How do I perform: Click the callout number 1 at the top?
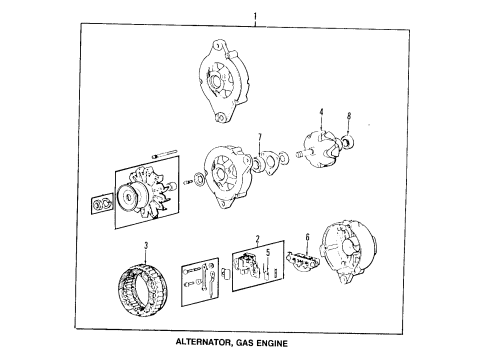coord(256,15)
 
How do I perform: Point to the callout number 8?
coord(348,116)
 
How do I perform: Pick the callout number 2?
coord(258,240)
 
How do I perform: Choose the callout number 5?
coord(268,251)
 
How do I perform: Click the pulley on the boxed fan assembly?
coord(130,196)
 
